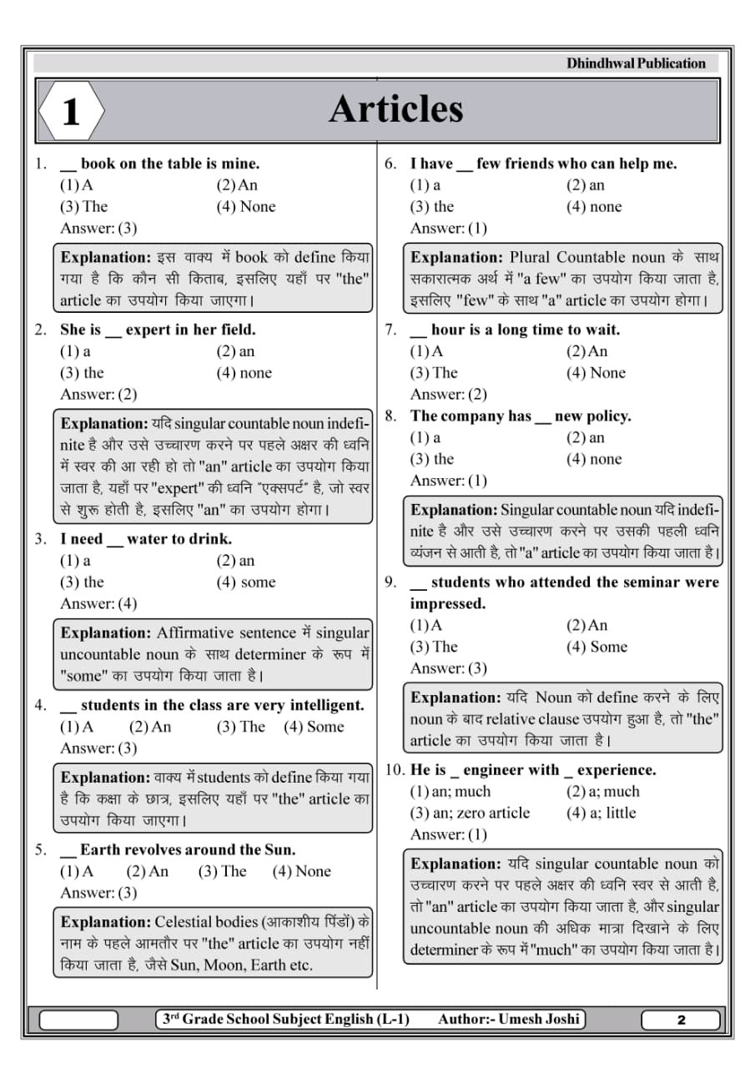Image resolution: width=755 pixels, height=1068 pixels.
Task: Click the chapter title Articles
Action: (x=395, y=109)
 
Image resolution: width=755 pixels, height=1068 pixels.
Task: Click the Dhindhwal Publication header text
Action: (x=636, y=63)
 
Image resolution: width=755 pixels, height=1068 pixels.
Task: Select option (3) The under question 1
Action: (x=84, y=207)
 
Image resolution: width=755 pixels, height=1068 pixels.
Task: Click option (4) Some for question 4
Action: (x=314, y=727)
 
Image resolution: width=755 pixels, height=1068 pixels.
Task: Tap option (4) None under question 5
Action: (x=302, y=872)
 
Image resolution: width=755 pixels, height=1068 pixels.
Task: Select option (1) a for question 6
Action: (x=425, y=185)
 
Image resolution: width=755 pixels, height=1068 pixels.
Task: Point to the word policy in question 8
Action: (x=609, y=416)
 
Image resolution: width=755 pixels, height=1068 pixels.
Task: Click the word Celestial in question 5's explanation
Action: (x=187, y=922)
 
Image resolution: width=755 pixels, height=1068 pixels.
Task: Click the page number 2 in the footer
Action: (x=681, y=1020)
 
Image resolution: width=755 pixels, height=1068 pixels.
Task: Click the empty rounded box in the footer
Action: (x=79, y=1020)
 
